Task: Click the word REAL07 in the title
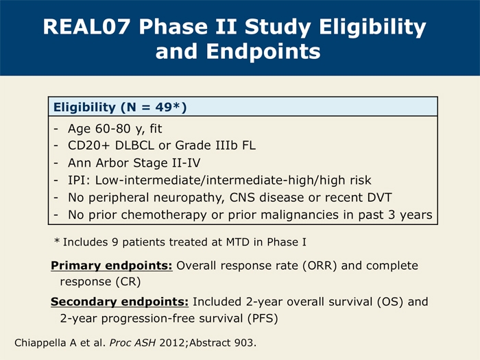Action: click(x=86, y=27)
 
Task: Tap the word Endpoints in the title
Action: click(x=263, y=51)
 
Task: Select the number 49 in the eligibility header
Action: click(x=163, y=107)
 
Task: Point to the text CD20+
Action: click(x=88, y=145)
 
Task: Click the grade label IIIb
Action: click(x=226, y=145)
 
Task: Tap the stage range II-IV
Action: click(x=186, y=163)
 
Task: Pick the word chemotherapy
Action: click(x=164, y=215)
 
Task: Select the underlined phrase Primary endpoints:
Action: click(x=112, y=265)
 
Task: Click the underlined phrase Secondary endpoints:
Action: click(x=120, y=302)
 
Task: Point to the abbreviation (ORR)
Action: click(x=320, y=266)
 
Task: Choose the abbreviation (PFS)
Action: click(x=263, y=318)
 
